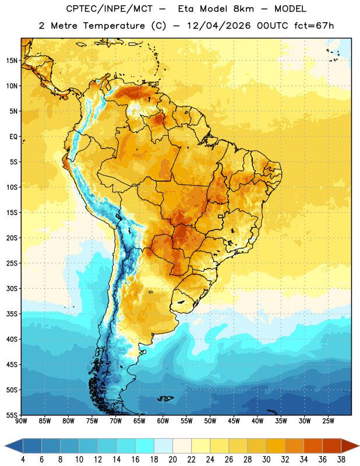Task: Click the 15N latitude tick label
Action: [12, 61]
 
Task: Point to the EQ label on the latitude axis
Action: [13, 137]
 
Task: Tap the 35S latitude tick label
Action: [12, 314]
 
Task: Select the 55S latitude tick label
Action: [12, 415]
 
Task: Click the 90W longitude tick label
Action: [21, 421]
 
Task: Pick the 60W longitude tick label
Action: [163, 421]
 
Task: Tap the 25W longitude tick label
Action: [328, 421]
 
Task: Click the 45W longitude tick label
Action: [234, 421]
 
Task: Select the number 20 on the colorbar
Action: [172, 460]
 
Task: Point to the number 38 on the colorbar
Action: [341, 460]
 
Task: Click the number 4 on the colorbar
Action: [23, 460]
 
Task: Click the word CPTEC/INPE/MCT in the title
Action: [109, 9]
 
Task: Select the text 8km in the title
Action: [243, 9]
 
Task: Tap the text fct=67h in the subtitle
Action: [314, 26]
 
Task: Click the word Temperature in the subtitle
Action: [114, 26]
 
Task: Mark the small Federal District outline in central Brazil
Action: [221, 216]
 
